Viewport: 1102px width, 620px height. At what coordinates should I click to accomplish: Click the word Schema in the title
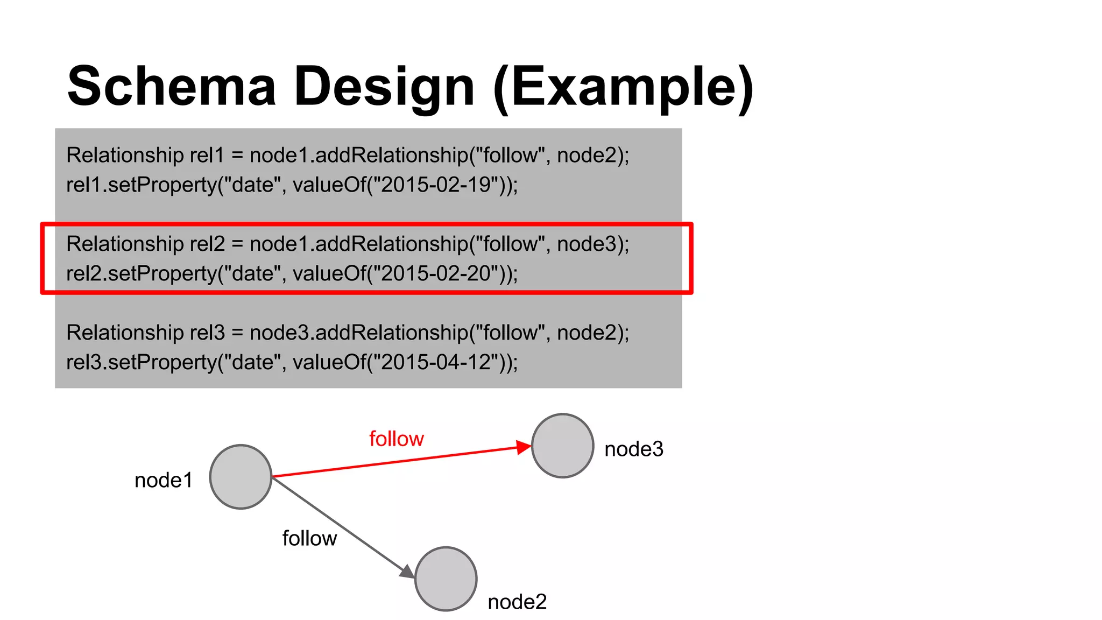(x=171, y=87)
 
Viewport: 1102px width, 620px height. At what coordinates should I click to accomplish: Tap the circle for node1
(x=241, y=477)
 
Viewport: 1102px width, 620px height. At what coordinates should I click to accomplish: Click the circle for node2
(x=446, y=579)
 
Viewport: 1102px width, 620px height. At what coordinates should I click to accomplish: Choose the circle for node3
(x=562, y=446)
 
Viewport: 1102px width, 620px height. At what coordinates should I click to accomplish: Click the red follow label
(x=397, y=439)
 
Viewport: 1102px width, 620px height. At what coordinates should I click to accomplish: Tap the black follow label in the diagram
(x=309, y=538)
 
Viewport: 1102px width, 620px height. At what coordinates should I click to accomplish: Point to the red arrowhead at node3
(x=523, y=447)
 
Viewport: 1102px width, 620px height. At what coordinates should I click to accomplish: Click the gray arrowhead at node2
(x=407, y=572)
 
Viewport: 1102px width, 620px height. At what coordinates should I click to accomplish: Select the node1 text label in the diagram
(x=164, y=480)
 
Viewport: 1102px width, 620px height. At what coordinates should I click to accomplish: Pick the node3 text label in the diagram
(x=634, y=449)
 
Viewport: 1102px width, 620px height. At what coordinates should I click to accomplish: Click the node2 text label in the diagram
(x=517, y=602)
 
